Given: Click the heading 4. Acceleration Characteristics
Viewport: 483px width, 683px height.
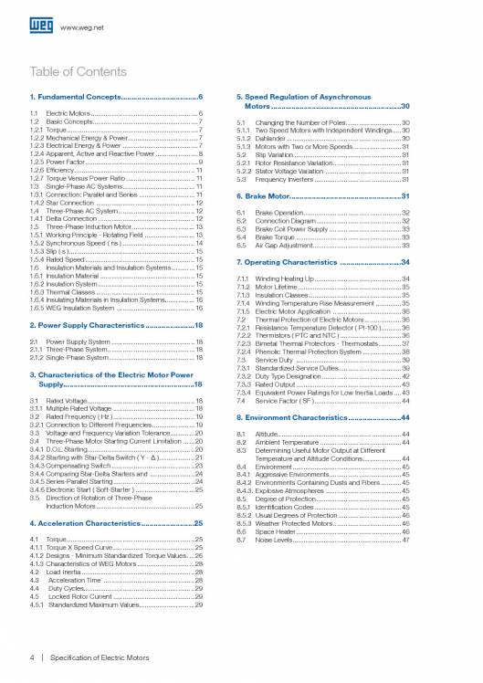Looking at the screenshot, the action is click(100, 523).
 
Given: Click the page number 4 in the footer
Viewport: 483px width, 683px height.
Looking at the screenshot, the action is click(33, 656).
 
